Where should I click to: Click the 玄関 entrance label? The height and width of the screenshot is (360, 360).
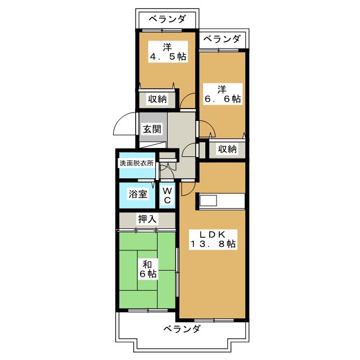pos(152,129)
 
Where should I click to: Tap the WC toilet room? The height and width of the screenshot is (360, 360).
pos(168,195)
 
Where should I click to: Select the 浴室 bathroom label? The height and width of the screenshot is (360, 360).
pos(138,194)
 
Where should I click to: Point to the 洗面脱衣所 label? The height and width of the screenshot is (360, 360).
pos(136,163)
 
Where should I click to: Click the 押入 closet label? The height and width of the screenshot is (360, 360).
pos(147,219)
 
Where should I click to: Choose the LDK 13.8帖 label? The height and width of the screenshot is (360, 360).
pos(213,240)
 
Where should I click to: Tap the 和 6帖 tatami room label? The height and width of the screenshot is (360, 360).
pos(147,269)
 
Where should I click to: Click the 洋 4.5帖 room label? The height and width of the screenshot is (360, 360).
pos(168,52)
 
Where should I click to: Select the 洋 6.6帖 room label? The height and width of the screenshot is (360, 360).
pos(223,94)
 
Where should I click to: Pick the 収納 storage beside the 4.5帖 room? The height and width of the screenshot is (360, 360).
pos(157,99)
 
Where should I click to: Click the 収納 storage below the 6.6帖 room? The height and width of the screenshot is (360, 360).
pos(227,149)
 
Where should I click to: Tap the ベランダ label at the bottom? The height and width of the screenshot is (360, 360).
pos(182,329)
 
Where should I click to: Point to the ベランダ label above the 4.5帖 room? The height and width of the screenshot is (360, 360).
pos(167,19)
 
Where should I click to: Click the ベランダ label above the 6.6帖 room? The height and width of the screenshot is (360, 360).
pos(222,39)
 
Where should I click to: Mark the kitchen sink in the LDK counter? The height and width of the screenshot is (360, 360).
pos(208,201)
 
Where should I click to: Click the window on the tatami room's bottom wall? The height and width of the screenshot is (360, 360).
pos(148,310)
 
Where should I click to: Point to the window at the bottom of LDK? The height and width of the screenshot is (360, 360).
pos(214,320)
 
